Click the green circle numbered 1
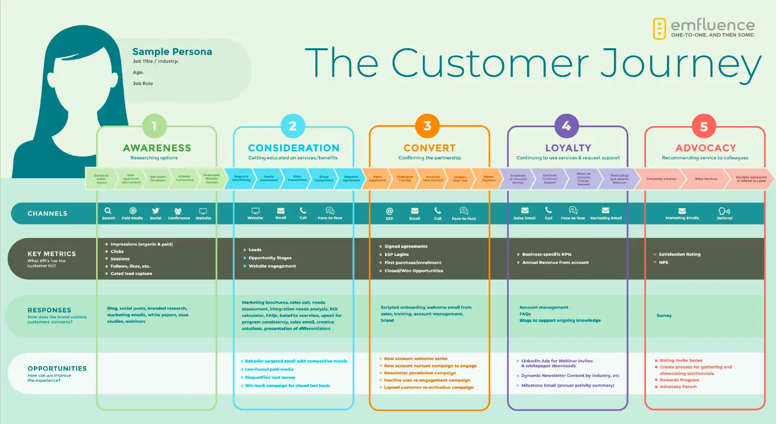(154, 126)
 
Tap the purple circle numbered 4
(567, 126)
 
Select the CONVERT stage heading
(430, 148)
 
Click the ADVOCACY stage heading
(705, 148)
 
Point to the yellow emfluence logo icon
(659, 29)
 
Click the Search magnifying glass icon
(108, 211)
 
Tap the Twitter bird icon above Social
(155, 211)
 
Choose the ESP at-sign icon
(389, 211)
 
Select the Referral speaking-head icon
(724, 211)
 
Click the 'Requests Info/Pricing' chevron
(241, 179)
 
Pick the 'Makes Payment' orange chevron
(488, 179)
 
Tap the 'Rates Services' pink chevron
(706, 179)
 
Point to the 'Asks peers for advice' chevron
(158, 179)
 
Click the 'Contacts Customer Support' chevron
(550, 179)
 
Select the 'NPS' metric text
(663, 263)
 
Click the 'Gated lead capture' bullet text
(131, 274)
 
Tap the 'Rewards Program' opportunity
(679, 380)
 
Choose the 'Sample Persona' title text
(172, 52)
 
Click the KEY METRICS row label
(52, 254)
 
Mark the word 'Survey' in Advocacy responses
(664, 316)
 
